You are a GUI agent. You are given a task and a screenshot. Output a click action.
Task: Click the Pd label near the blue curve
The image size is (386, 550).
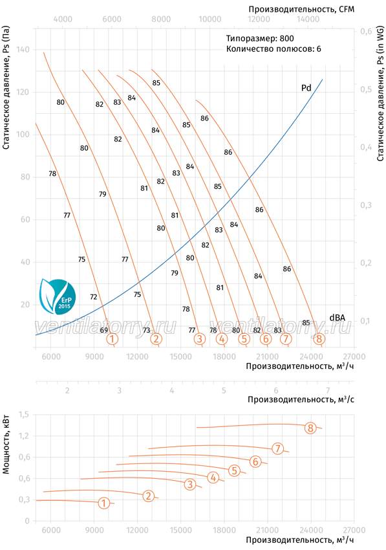point(306,88)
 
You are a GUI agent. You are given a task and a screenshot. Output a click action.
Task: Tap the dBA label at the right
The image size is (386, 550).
point(337,318)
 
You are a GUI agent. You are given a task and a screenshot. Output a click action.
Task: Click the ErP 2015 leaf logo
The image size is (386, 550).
point(58,296)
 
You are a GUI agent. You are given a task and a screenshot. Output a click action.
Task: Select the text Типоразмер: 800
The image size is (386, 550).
point(260,39)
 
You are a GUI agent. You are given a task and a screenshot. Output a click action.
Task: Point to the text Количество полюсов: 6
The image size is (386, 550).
point(273,49)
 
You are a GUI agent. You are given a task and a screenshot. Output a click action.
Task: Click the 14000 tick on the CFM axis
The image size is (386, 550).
point(308,19)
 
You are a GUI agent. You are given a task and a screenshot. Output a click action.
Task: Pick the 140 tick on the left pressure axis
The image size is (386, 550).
point(23,50)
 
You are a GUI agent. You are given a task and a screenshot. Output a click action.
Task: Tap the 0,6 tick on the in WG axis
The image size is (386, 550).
point(366,32)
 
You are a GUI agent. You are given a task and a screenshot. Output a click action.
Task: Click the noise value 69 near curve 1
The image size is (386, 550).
point(104,330)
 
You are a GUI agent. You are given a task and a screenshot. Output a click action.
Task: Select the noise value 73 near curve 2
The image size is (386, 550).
point(147,330)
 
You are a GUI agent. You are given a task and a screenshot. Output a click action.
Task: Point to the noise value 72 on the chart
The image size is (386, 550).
point(93,297)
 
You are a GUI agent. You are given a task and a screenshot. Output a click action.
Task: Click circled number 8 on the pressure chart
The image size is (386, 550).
point(319,339)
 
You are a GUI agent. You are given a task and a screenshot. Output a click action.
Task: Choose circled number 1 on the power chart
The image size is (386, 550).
point(104,503)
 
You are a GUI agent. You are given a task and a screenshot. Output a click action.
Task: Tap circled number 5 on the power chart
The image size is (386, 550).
point(235,470)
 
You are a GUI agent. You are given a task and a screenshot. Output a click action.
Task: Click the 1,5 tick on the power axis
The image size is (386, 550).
point(24,415)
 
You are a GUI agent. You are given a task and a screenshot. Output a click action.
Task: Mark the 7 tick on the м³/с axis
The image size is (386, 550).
point(328,390)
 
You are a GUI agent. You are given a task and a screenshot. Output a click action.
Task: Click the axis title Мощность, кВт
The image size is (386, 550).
point(6,445)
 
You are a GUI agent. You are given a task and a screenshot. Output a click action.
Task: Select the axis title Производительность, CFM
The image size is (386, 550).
point(301,9)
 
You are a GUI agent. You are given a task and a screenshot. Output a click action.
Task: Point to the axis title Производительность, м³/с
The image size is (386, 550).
point(301,399)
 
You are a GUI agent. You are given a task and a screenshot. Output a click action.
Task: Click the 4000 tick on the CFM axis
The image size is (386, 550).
point(63,19)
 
